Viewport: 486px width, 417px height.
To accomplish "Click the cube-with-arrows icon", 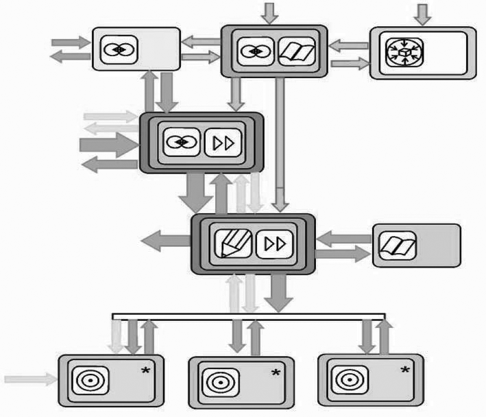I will pyautogui.click(x=404, y=52).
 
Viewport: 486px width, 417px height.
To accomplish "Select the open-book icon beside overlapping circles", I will pyautogui.click(x=295, y=51).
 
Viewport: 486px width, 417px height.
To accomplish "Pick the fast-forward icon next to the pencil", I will pyautogui.click(x=273, y=243).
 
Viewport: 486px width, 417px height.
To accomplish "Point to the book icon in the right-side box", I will pyautogui.click(x=395, y=245).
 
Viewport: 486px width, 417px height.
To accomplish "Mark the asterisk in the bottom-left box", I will pyautogui.click(x=145, y=372).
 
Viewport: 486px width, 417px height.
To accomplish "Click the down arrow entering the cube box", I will pyautogui.click(x=424, y=12).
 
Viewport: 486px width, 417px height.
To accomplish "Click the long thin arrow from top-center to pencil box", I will pyautogui.click(x=280, y=144).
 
